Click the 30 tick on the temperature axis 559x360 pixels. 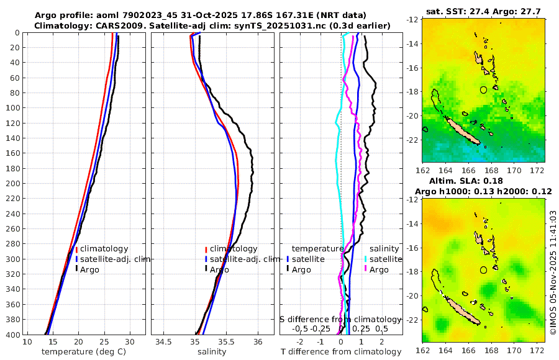pyautogui.click(x=130, y=342)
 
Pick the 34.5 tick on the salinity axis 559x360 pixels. pyautogui.click(x=164, y=342)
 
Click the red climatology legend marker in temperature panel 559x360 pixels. pyautogui.click(x=76, y=249)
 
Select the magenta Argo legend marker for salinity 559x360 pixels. pyautogui.click(x=366, y=269)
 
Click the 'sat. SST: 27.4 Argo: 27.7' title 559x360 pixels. pyautogui.click(x=484, y=12)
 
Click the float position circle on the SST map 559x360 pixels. pyautogui.click(x=484, y=89)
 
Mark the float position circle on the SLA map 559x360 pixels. pyautogui.click(x=484, y=269)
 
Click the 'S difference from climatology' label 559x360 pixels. pyautogui.click(x=341, y=318)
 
